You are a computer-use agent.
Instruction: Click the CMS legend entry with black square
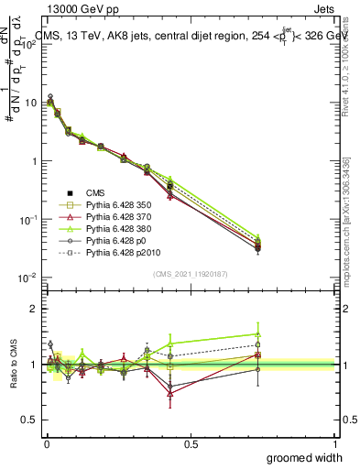click(95, 193)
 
